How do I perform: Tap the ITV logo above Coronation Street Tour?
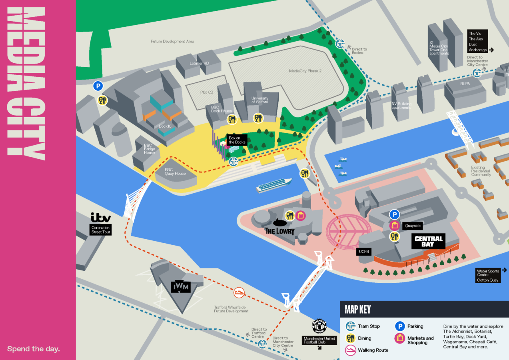point(100,218)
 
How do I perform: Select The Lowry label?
point(279,230)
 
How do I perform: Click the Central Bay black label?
point(428,241)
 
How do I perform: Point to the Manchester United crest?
point(319,326)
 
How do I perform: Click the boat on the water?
point(274,185)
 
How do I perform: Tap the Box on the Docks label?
point(237,140)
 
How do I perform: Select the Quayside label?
point(413,225)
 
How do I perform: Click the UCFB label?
point(363,252)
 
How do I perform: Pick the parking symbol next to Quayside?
point(395,214)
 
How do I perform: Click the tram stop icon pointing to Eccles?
point(340,44)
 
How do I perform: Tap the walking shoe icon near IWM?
point(239,292)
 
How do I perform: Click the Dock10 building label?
point(165,126)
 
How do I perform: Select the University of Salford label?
point(259,100)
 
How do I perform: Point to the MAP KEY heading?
point(357,309)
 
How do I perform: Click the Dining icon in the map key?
point(351,338)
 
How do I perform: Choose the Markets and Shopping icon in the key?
point(399,338)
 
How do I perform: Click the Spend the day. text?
point(34,349)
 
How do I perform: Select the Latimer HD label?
point(199,63)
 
